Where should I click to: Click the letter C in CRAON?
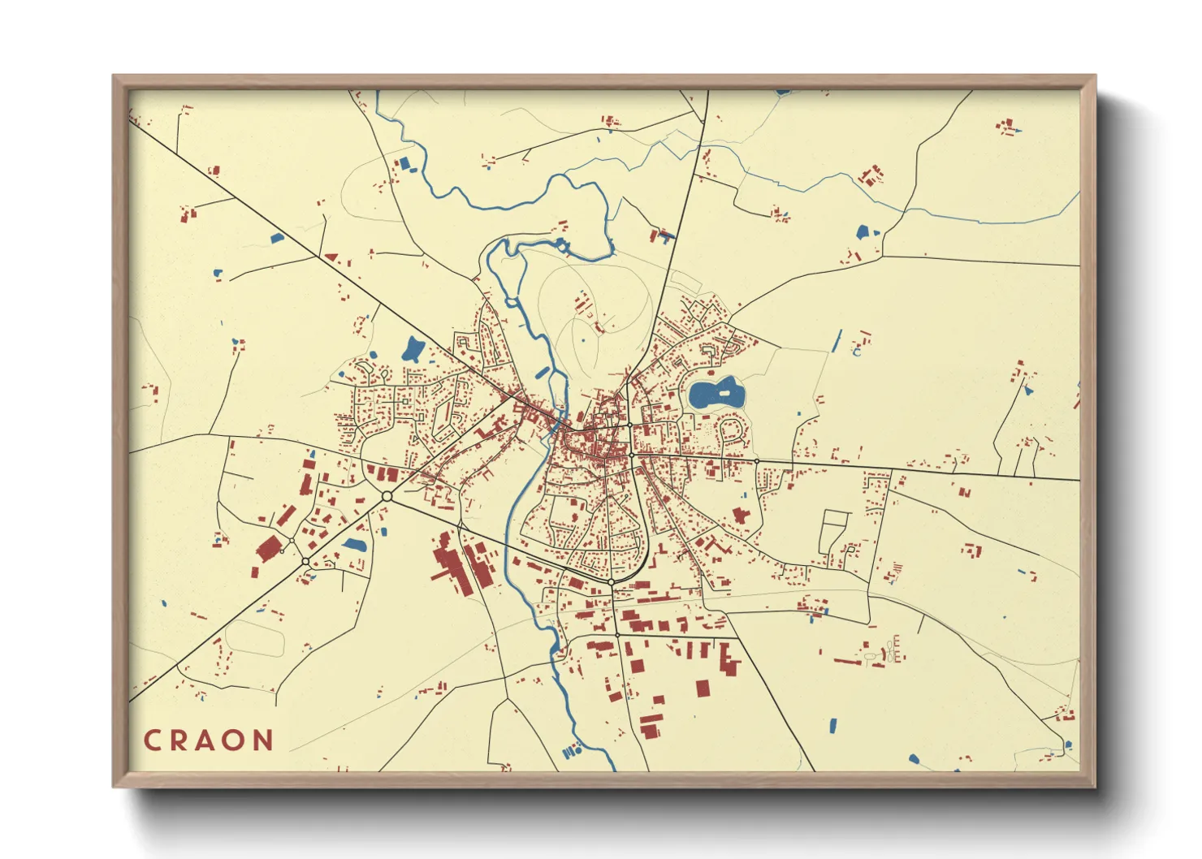click(x=152, y=740)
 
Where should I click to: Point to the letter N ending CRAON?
click(x=263, y=740)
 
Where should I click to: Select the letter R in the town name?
click(x=179, y=740)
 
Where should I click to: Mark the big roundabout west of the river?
click(x=387, y=495)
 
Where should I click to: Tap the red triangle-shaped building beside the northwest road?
click(x=331, y=257)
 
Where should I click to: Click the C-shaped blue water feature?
click(x=856, y=352)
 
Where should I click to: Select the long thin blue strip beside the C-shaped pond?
click(x=837, y=341)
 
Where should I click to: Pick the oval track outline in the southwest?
click(x=253, y=637)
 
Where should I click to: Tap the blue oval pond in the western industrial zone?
click(x=353, y=545)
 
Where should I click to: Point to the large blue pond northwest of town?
click(x=413, y=350)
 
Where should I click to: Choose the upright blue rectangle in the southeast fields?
click(x=831, y=724)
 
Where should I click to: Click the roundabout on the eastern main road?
click(x=756, y=461)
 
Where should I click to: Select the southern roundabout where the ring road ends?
click(x=611, y=582)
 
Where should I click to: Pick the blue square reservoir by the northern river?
click(x=404, y=164)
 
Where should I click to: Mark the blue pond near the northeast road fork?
click(x=863, y=232)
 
